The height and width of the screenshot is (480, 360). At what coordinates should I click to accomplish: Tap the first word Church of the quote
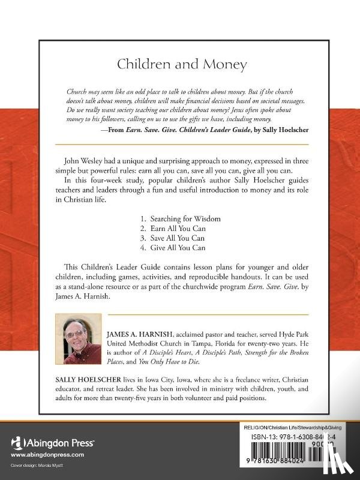coord(76,92)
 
